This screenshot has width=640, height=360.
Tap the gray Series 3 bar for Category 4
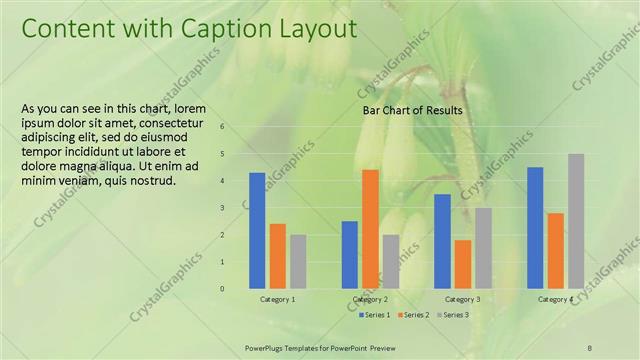[x=576, y=221]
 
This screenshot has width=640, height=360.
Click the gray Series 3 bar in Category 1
[x=298, y=262]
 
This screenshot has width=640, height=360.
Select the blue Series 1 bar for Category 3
[x=442, y=241]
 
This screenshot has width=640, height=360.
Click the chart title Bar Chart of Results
[x=412, y=110]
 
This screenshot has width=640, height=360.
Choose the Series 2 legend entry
[x=414, y=315]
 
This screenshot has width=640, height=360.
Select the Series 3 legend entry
[x=453, y=315]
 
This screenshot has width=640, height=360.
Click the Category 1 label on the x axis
[x=277, y=299]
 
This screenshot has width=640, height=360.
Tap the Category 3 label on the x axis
[x=462, y=299]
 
